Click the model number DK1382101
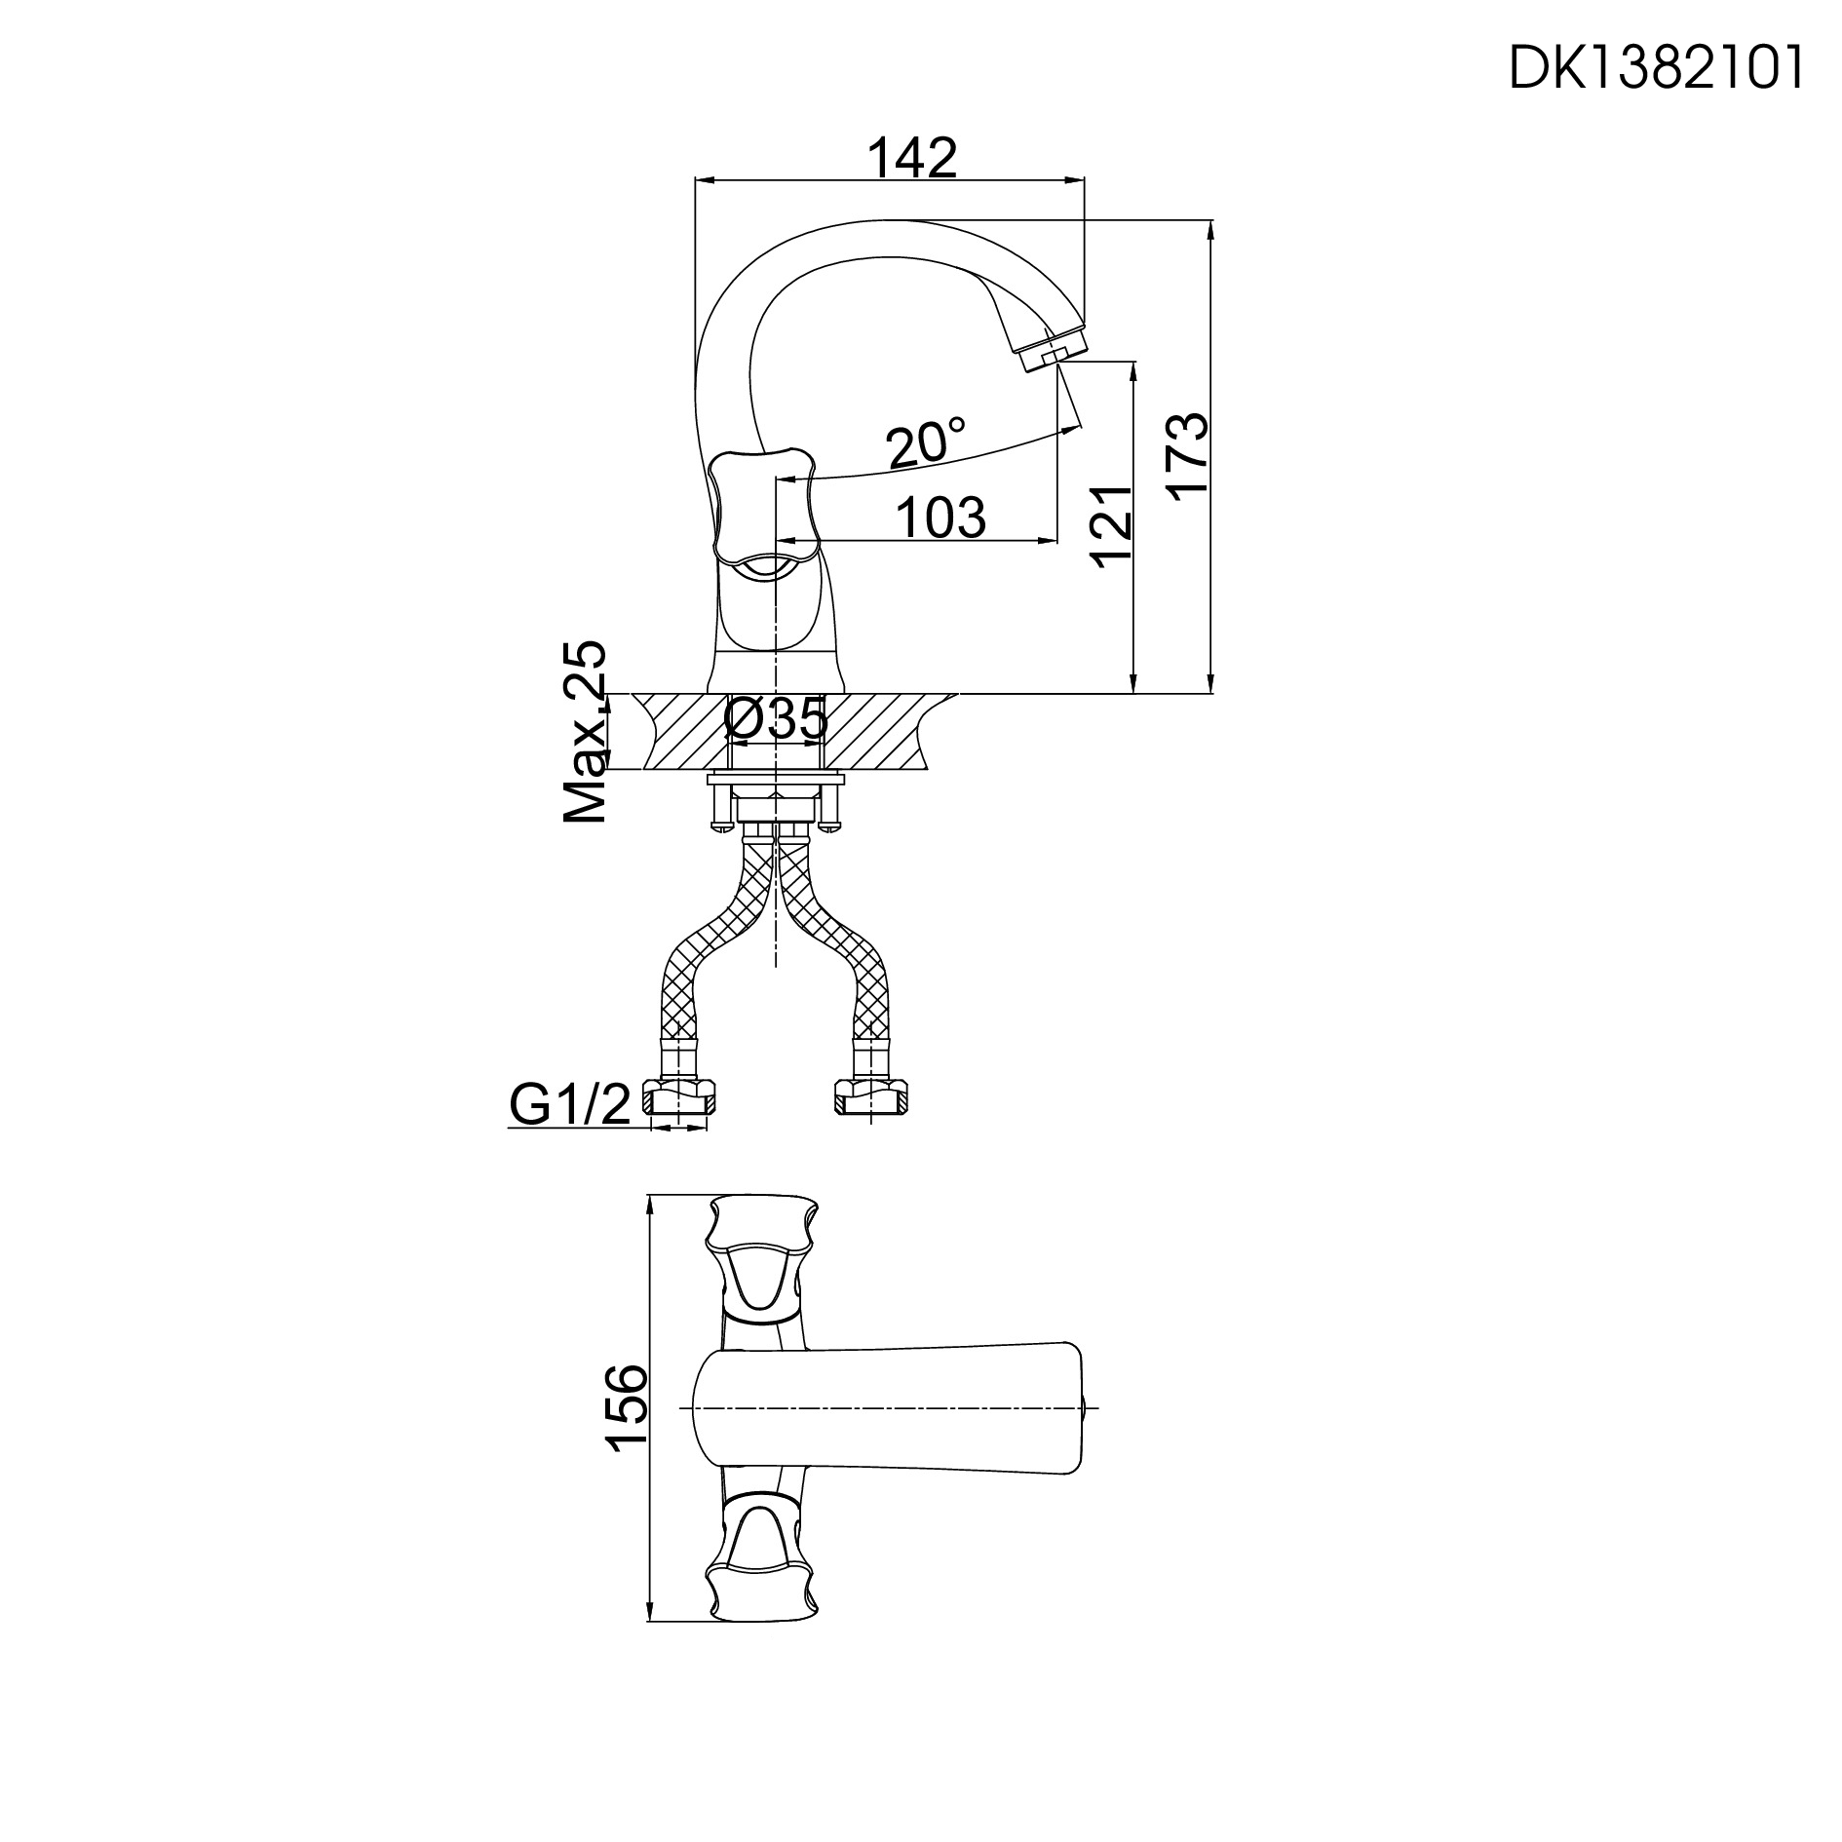pos(1655,69)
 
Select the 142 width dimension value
pos(912,158)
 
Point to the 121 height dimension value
pos(1112,527)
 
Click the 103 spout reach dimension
pos(940,518)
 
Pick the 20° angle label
pos(926,443)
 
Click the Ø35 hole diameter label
pos(777,720)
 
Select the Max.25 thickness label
pos(586,731)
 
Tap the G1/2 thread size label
pos(571,1104)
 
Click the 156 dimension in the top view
pos(626,1422)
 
